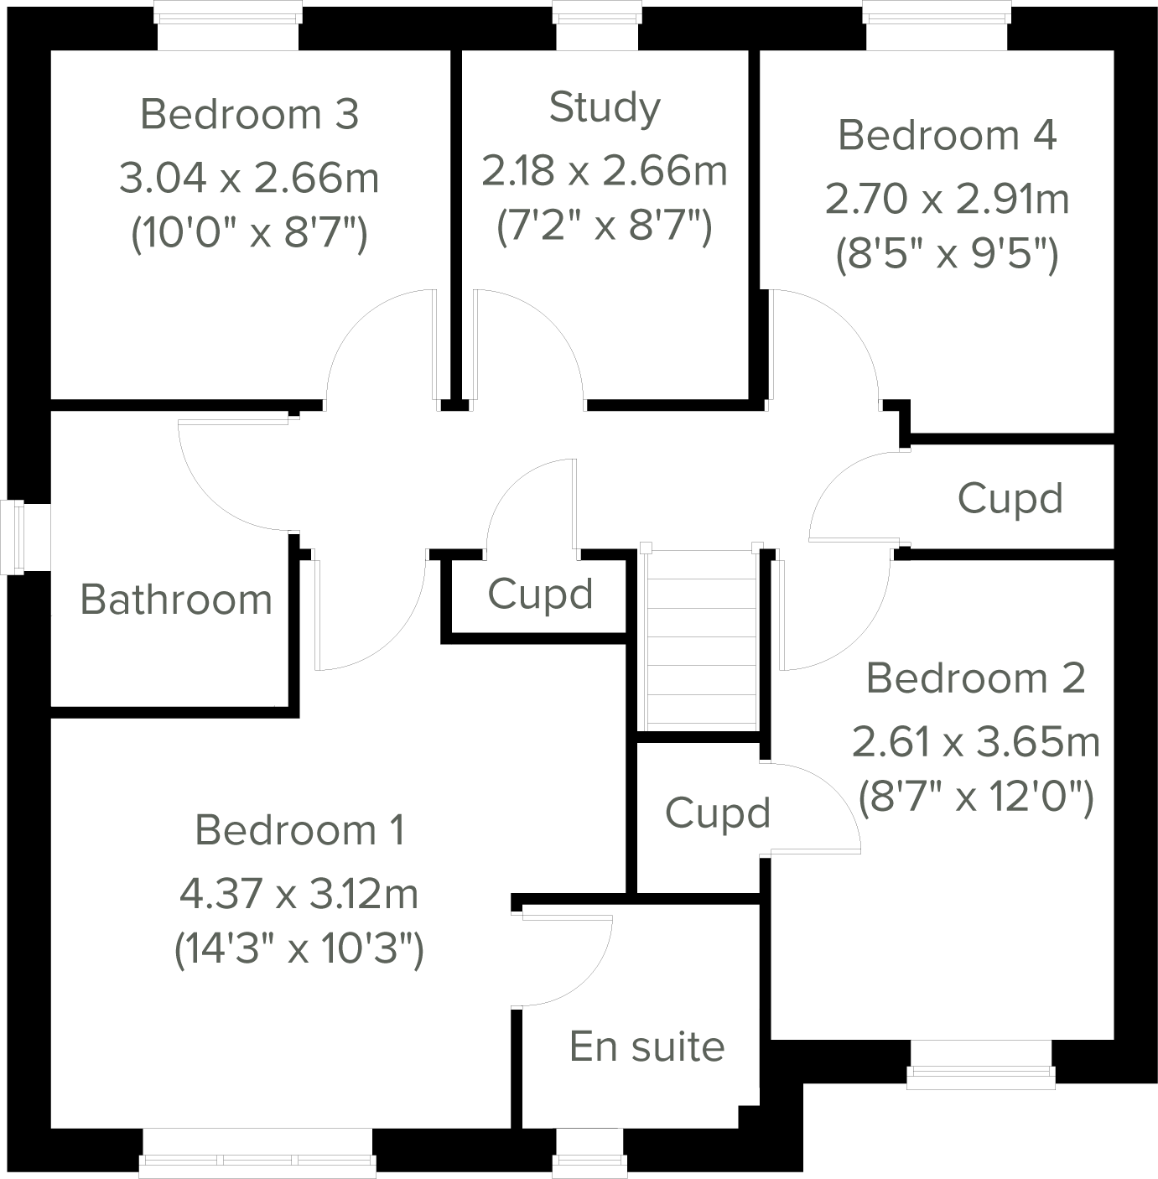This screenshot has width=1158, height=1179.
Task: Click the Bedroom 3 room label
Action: [249, 114]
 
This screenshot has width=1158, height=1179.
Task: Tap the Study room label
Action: [605, 107]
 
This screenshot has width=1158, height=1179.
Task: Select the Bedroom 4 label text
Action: [948, 135]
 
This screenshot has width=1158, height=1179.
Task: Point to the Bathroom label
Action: [176, 600]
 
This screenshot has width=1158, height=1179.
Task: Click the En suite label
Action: [647, 1046]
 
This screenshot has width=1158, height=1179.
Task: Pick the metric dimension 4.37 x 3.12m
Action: [299, 894]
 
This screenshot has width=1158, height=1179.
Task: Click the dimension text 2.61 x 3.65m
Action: [975, 742]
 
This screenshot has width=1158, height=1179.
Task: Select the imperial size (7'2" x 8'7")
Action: [605, 226]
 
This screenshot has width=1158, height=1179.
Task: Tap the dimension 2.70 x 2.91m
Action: [948, 200]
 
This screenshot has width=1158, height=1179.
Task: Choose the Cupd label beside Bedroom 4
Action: [1010, 498]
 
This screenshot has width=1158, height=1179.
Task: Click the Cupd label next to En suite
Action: [718, 813]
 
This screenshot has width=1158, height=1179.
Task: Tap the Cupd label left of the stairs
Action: [540, 595]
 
